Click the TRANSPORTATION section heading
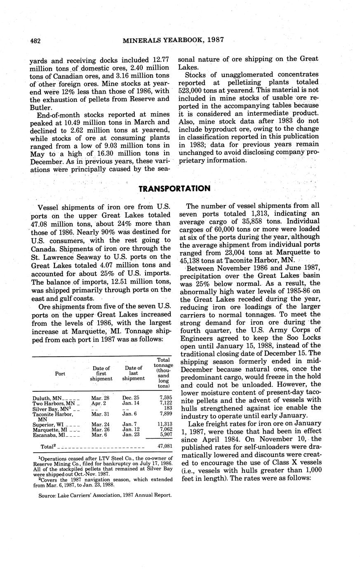pos(174,188)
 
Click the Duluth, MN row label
pos(47,398)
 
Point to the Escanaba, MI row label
pos(49,434)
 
